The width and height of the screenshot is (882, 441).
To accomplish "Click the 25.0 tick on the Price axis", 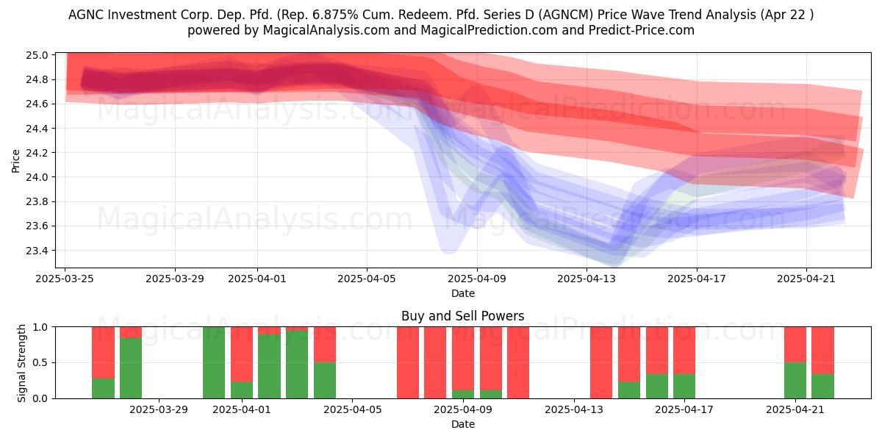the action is (37, 55).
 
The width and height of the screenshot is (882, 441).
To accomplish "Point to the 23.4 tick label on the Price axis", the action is (37, 251).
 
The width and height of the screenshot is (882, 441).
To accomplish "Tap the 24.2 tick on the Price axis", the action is (37, 153).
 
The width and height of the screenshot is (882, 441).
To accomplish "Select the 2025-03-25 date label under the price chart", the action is (65, 279).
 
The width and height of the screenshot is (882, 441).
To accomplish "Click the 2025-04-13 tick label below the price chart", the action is (587, 279).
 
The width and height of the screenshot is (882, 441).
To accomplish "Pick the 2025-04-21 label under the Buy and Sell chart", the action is (795, 410).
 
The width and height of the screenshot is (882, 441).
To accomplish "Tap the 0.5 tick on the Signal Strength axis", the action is (40, 362).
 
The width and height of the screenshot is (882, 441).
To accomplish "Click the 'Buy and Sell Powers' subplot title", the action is (462, 316).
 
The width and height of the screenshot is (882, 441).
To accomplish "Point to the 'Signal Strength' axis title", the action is (21, 363).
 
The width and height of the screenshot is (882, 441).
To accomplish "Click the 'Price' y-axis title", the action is (15, 161).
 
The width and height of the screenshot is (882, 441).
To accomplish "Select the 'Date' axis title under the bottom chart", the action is (462, 424).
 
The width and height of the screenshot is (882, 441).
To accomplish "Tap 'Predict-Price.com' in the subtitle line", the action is (642, 30).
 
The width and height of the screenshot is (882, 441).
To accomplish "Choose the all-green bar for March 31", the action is (214, 362).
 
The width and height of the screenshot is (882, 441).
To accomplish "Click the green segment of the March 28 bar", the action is (131, 368).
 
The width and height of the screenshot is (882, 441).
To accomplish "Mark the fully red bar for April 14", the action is (601, 362).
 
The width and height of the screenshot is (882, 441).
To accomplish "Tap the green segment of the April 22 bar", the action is (822, 387).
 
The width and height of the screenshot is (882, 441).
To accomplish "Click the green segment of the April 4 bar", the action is (325, 381).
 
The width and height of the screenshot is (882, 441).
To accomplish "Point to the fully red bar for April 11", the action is (518, 362).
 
